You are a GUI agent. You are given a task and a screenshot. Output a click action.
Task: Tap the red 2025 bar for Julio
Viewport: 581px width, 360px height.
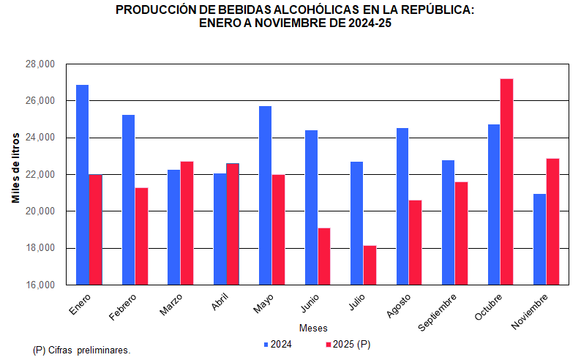click(x=370, y=265)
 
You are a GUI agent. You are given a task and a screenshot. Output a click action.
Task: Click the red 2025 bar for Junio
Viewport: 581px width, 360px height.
click(x=323, y=256)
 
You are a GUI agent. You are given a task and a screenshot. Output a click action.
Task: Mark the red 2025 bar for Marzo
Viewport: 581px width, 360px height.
click(x=187, y=222)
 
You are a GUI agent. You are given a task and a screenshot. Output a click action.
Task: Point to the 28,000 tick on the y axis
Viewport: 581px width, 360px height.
click(x=40, y=64)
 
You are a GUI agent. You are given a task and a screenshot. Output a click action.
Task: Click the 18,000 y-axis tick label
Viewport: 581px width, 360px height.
click(x=40, y=248)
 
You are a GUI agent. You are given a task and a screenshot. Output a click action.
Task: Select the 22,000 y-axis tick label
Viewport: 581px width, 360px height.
click(x=40, y=174)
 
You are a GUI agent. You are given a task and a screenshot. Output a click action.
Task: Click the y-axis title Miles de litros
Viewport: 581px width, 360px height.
click(x=15, y=169)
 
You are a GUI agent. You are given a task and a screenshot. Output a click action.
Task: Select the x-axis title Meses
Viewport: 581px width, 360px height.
click(x=313, y=327)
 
